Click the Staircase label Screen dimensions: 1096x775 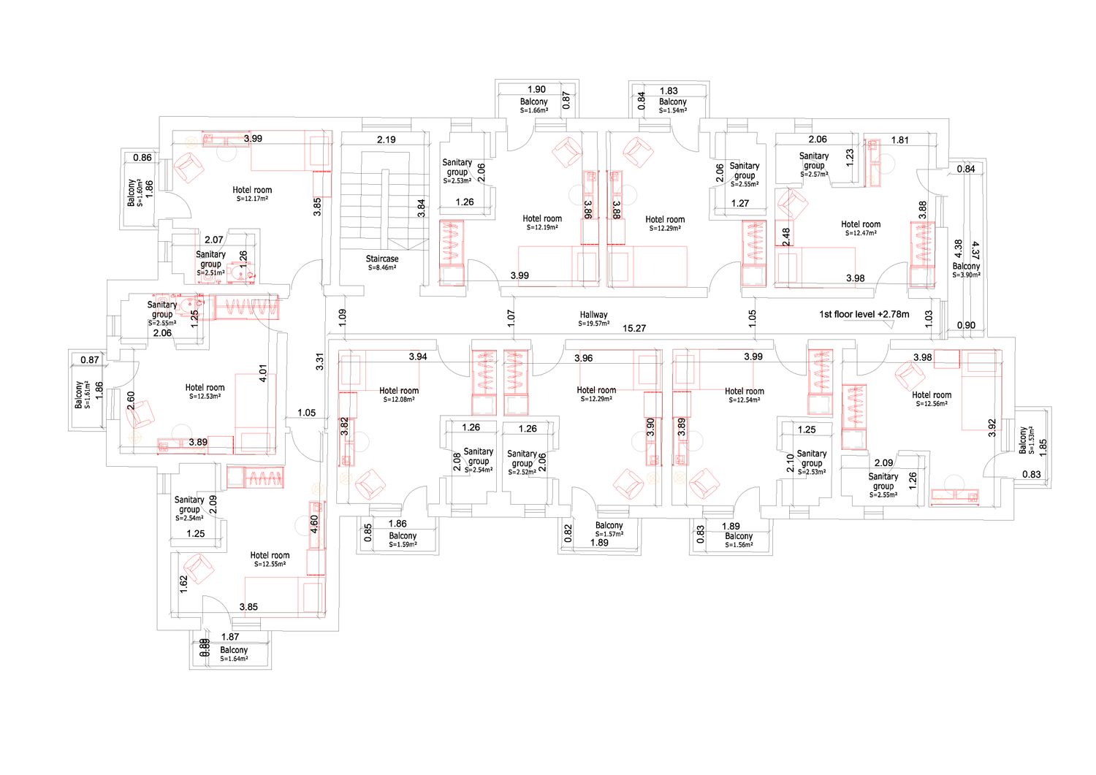[x=382, y=259]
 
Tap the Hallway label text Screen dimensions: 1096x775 [x=593, y=315]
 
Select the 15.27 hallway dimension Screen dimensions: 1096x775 [x=634, y=328]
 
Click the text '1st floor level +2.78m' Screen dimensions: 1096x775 [x=864, y=314]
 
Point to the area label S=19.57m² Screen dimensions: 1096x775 [x=593, y=324]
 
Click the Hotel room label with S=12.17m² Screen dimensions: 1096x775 [x=252, y=190]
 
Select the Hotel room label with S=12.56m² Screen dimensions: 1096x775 [x=932, y=395]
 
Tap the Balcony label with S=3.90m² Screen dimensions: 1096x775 [x=966, y=266]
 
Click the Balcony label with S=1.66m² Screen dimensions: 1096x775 [x=534, y=102]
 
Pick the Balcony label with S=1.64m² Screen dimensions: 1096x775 [x=234, y=650]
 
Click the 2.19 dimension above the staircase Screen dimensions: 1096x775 [x=386, y=140]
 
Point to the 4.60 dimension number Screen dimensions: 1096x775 [x=315, y=524]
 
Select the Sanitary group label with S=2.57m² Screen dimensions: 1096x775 [x=814, y=161]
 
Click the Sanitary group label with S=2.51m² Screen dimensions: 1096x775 [x=210, y=259]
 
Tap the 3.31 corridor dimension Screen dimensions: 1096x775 [x=319, y=361]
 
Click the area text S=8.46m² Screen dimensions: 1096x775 [x=382, y=267]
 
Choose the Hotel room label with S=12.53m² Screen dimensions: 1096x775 [x=205, y=387]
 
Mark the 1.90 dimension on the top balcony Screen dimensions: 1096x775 [x=536, y=89]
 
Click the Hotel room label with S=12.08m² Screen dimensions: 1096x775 [x=399, y=391]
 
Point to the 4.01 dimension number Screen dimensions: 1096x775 [x=263, y=373]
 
